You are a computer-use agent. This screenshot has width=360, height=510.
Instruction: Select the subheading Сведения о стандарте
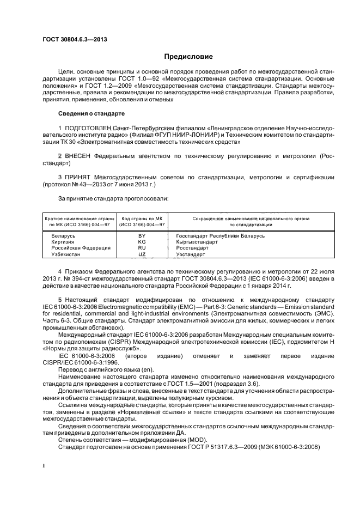click(91, 114)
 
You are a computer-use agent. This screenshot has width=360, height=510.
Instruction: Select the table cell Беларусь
click(60, 235)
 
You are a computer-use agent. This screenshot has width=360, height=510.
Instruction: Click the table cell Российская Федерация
click(73, 247)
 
